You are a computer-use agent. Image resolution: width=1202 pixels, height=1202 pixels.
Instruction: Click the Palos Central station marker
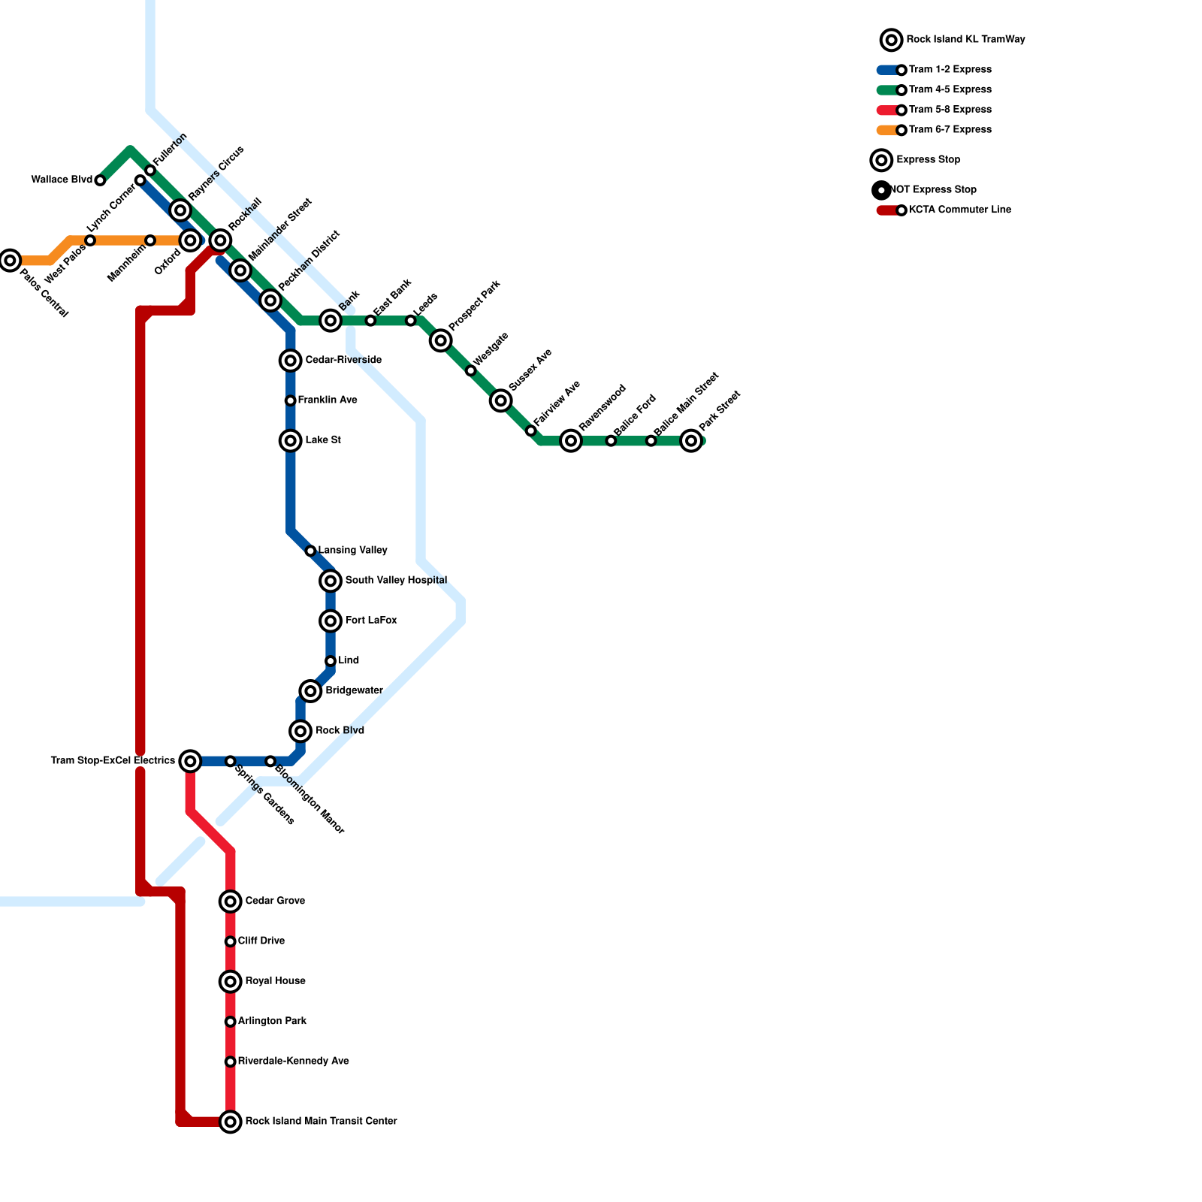coord(10,261)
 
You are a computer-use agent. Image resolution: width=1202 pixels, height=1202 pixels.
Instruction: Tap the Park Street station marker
coord(691,441)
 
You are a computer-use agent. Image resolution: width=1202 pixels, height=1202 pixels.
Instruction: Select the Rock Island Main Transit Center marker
coord(231,1122)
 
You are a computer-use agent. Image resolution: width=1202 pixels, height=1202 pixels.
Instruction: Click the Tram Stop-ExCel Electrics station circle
coord(191,761)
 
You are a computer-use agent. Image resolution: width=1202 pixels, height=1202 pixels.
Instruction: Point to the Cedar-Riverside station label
coord(343,361)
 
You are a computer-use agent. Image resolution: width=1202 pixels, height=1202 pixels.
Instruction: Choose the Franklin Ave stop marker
coord(290,400)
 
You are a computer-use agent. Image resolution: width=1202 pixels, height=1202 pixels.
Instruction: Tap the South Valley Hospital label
coord(396,581)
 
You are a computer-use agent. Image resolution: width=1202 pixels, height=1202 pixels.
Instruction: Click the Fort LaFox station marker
coord(331,621)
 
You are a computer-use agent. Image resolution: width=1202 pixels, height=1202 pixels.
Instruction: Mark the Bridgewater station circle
coord(310,691)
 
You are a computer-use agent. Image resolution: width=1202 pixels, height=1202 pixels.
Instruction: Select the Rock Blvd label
coord(340,731)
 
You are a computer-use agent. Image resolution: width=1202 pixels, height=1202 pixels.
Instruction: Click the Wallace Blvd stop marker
coord(100,180)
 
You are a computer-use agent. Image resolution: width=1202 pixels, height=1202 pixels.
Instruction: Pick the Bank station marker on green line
coord(331,321)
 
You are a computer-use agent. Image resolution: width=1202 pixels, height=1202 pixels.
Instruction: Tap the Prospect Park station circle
coord(441,340)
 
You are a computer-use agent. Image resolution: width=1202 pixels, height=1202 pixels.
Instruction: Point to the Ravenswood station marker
coord(571,441)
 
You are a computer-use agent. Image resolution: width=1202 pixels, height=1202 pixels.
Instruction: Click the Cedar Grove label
coord(275,901)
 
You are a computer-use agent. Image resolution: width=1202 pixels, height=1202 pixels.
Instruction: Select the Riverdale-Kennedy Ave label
coord(293,1062)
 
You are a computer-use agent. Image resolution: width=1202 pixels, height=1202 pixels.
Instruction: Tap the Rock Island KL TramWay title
coord(965,40)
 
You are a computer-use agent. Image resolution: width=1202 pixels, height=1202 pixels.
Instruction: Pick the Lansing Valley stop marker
coord(310,551)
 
